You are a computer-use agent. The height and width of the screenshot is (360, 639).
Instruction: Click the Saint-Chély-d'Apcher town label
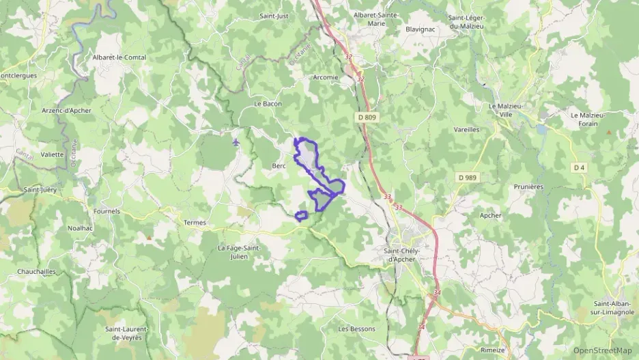(408, 254)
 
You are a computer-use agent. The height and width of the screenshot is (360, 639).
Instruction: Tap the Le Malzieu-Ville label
(505, 110)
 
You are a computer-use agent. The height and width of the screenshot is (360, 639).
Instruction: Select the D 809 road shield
(367, 117)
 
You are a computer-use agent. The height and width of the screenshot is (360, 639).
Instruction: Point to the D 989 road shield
(467, 178)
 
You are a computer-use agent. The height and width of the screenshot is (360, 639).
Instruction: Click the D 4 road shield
(579, 167)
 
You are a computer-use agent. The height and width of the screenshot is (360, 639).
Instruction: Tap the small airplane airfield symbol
(236, 142)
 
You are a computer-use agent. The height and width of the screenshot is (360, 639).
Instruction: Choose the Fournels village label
(106, 211)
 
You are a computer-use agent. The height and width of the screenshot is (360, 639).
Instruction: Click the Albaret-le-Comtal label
(121, 57)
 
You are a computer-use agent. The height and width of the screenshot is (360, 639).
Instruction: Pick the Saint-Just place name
(274, 15)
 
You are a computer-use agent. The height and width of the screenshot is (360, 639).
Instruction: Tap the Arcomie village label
(324, 77)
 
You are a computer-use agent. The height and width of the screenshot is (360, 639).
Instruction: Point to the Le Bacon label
(268, 104)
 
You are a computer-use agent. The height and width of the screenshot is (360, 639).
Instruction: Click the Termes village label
(195, 223)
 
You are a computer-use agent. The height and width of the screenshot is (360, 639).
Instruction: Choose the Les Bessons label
(357, 329)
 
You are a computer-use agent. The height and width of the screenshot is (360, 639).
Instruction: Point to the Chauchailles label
(37, 271)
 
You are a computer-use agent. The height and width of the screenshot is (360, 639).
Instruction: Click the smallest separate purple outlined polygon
(300, 217)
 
